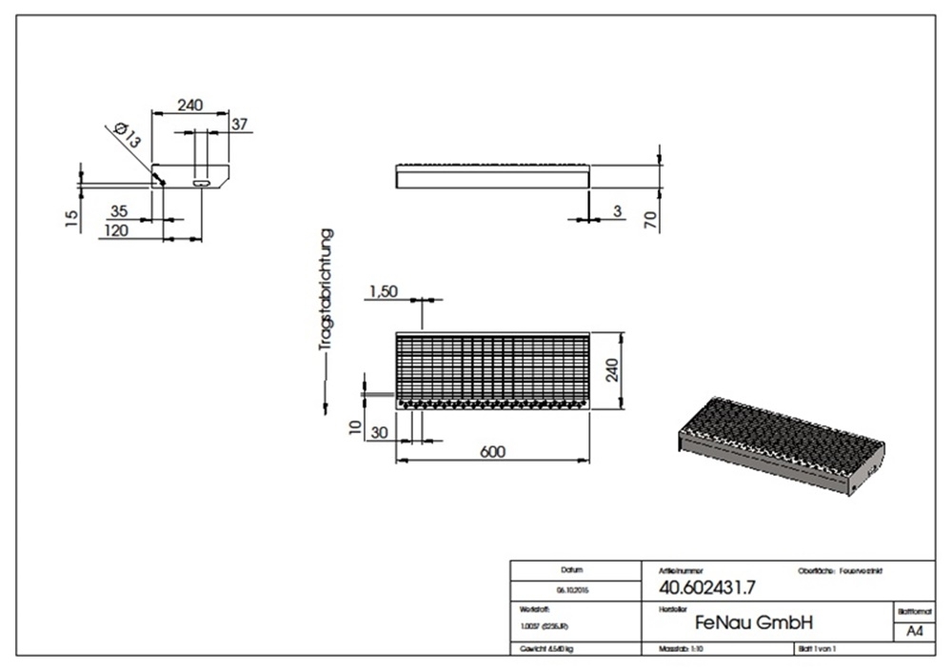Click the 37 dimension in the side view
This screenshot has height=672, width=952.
[x=239, y=124]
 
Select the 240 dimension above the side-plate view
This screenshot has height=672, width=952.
[x=189, y=106]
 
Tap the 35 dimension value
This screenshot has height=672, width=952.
[x=120, y=211]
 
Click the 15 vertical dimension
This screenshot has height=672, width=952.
[x=71, y=219]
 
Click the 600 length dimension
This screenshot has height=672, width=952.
[x=492, y=451]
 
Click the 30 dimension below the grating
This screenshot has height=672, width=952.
[x=378, y=433]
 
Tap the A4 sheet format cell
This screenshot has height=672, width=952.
[x=914, y=631]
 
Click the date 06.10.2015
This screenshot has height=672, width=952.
[x=572, y=590]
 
